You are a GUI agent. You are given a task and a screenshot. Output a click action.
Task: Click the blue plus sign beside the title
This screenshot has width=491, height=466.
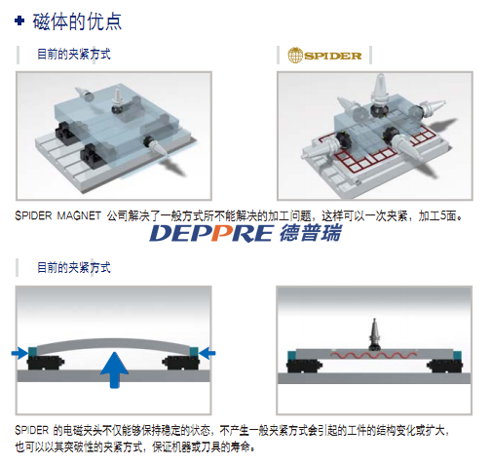click(19, 21)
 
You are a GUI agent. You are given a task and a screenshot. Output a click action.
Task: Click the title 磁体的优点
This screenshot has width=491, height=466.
click(77, 21)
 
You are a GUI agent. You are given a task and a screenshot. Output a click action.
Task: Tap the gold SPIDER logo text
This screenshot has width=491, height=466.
click(333, 56)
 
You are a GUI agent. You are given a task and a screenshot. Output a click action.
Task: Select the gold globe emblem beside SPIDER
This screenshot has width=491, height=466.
click(295, 56)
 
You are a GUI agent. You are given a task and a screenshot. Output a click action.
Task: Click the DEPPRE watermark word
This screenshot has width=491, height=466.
click(210, 233)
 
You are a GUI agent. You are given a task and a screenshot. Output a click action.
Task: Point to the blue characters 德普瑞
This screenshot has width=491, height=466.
click(311, 233)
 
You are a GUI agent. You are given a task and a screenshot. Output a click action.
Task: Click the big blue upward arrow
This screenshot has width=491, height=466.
click(114, 369)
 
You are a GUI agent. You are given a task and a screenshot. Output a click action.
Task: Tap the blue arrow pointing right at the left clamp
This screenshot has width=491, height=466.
click(19, 353)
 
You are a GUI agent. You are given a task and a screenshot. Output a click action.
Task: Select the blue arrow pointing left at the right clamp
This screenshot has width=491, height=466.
click(207, 353)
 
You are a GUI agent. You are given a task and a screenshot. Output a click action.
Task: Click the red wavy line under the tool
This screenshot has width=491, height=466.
click(373, 355)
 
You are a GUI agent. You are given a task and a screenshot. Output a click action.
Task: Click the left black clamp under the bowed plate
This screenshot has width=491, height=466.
click(46, 363)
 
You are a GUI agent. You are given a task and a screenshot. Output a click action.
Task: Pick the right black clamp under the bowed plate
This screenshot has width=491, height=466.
click(180, 363)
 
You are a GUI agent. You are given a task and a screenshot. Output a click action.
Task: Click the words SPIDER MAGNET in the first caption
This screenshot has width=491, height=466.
click(57, 215)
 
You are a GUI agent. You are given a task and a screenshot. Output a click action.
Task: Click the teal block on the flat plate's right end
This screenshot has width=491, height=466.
click(458, 355)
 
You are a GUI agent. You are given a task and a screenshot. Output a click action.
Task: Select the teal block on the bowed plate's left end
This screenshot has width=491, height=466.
click(32, 352)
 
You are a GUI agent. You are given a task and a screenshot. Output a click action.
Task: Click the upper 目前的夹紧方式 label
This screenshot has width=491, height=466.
click(74, 54)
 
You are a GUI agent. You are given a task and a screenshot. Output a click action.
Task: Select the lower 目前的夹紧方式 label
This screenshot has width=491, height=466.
click(74, 267)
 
